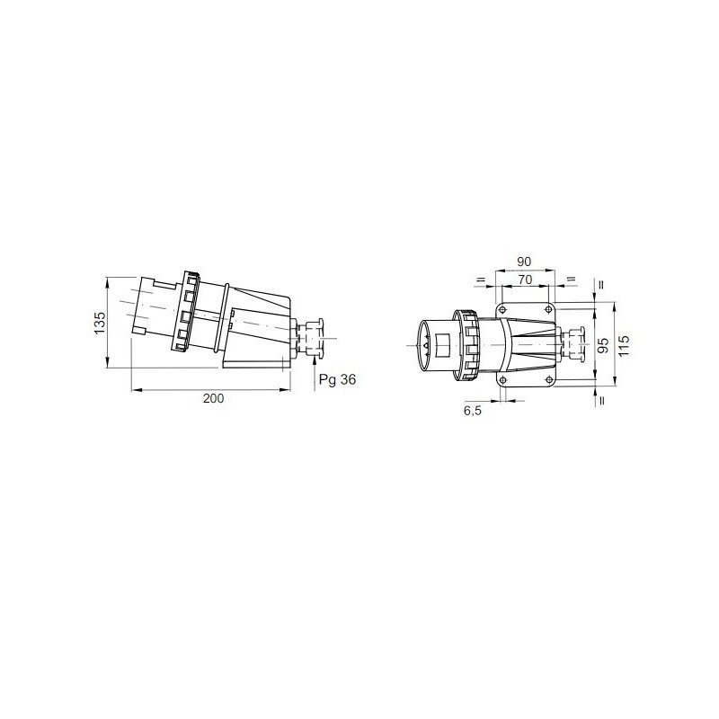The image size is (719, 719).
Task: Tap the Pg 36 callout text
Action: tap(338, 380)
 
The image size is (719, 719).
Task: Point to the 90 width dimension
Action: tap(524, 262)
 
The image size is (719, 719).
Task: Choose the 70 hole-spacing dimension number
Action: tap(524, 280)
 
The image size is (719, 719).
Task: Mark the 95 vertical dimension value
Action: tap(603, 344)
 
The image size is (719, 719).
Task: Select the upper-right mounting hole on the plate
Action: tap(546, 304)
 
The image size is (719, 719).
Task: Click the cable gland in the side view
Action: tap(311, 338)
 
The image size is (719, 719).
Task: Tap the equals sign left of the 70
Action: tap(481, 280)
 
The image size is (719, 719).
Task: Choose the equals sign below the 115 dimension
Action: tap(599, 400)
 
